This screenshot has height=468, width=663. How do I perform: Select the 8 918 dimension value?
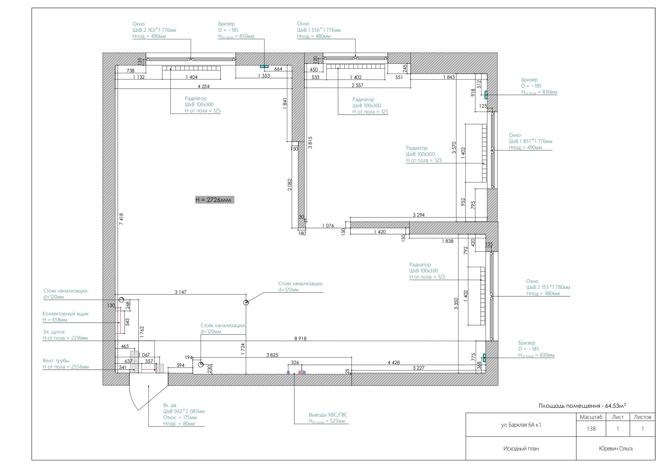pos(300,338)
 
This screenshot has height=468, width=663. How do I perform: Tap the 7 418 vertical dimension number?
pos(121,219)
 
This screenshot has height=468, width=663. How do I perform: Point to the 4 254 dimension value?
pos(203,86)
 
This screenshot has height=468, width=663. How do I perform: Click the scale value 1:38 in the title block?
pos(591,429)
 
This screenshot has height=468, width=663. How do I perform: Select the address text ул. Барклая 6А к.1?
pos(521,425)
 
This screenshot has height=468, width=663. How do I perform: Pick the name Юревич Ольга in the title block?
pos(616,448)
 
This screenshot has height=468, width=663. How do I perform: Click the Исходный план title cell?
pos(521,448)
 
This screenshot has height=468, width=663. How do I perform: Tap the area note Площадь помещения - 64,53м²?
pos(582,406)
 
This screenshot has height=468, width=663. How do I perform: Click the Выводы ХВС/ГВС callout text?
pos(328,415)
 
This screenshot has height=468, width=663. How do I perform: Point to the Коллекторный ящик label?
pos(66,314)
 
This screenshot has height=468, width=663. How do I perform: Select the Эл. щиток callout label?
pos(54,332)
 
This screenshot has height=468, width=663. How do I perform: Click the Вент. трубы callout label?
pos(56,361)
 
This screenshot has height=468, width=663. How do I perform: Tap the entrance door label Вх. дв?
pos(170,405)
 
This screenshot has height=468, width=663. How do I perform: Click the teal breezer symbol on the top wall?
pos(264,66)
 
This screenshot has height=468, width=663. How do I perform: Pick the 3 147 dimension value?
pos(180,292)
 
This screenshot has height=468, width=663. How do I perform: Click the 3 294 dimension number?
pos(419,215)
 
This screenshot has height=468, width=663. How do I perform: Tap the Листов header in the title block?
pos(642,417)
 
